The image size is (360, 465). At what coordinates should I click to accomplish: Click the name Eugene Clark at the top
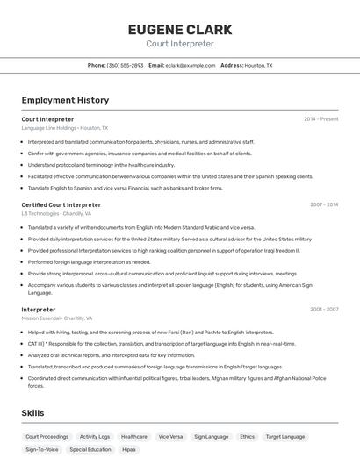click(x=179, y=29)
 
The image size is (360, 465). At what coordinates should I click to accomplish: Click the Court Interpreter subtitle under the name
click(x=179, y=43)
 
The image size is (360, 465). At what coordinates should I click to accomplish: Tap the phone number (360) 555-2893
click(x=125, y=65)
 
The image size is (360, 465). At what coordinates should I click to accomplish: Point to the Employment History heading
click(x=65, y=101)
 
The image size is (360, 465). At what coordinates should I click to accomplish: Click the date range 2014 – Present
click(x=320, y=118)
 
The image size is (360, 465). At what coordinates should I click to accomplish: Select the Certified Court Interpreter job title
click(x=61, y=204)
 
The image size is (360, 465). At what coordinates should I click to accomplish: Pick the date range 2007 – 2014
click(x=323, y=204)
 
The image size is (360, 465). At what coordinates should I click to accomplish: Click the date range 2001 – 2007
click(x=323, y=309)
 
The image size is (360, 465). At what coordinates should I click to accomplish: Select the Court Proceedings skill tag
click(x=47, y=436)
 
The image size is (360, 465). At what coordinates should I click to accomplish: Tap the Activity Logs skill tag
click(x=95, y=436)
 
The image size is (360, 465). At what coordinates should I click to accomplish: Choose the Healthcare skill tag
click(x=134, y=436)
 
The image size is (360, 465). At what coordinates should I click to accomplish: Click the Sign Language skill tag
click(x=211, y=436)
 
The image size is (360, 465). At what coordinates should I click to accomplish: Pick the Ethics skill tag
click(x=248, y=436)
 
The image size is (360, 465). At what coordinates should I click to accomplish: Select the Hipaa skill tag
click(x=129, y=449)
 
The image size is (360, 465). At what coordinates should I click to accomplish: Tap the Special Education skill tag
click(x=90, y=449)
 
